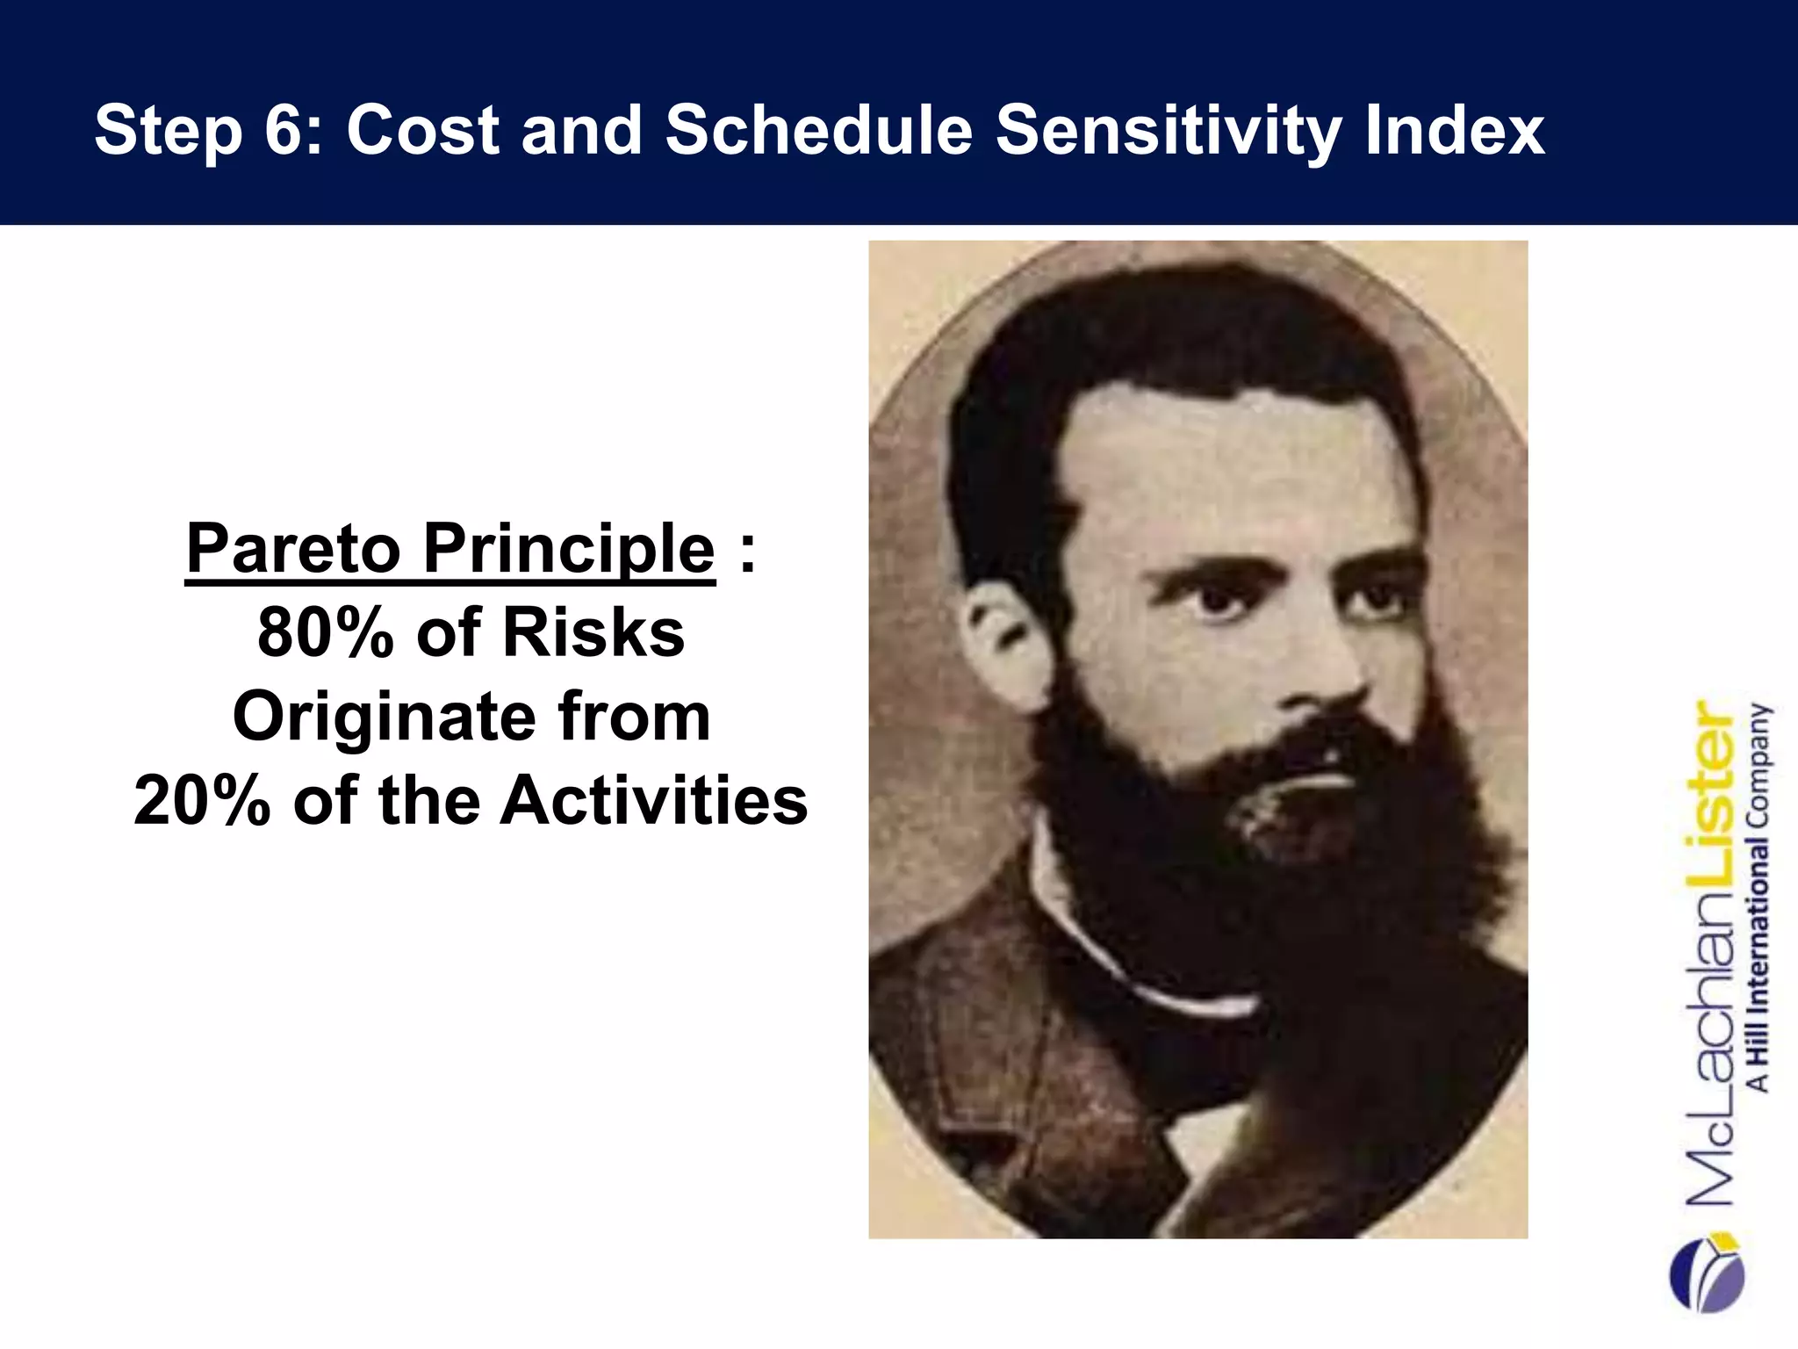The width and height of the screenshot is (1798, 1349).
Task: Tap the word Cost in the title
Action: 423,130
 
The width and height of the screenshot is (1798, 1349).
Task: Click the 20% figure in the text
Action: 202,802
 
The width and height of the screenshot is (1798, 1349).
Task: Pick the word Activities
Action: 653,802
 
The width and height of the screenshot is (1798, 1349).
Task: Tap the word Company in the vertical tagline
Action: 1758,764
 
